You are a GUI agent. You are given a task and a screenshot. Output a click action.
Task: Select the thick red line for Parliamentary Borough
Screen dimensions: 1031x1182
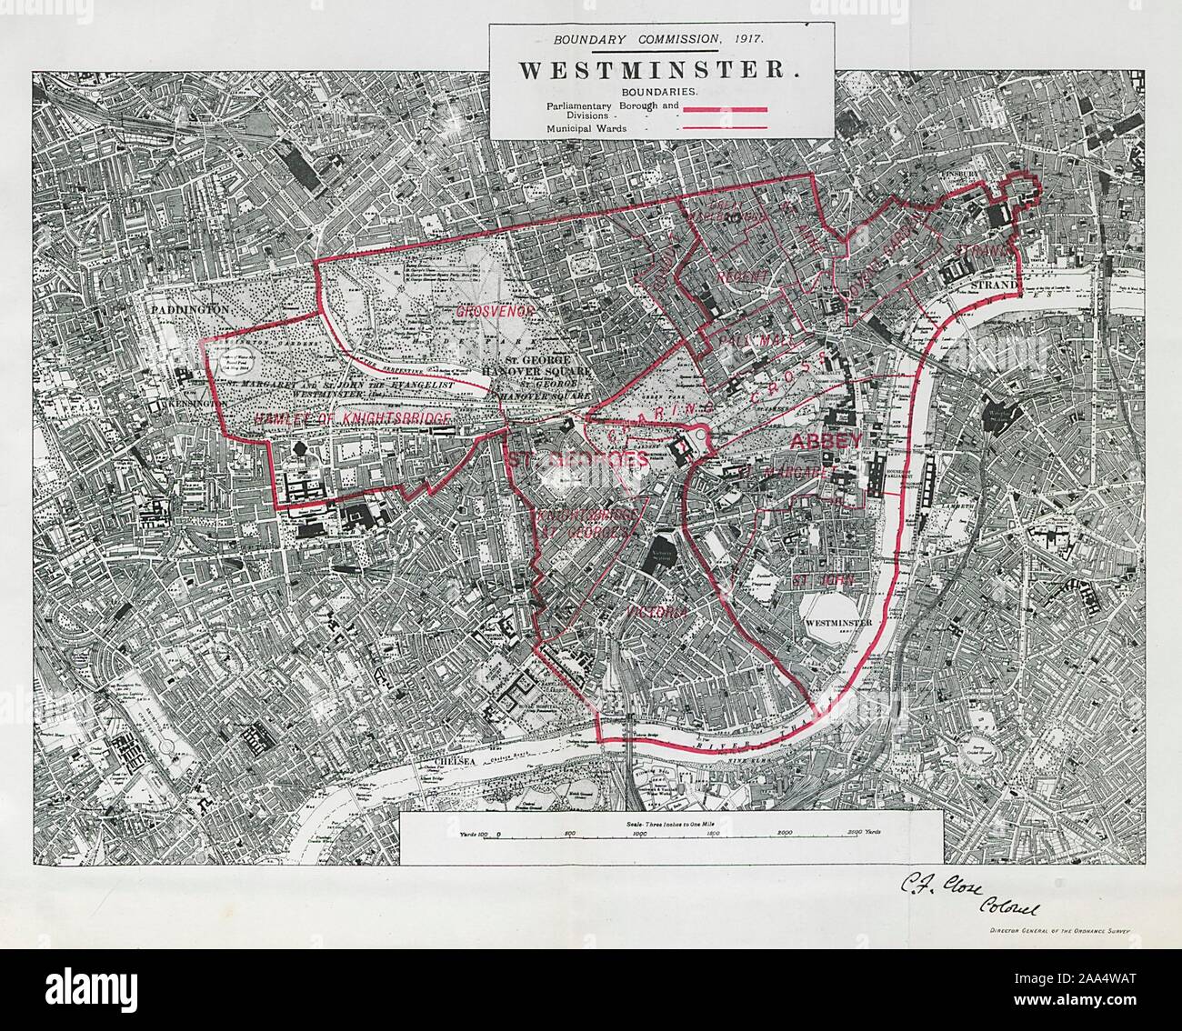pyautogui.click(x=726, y=110)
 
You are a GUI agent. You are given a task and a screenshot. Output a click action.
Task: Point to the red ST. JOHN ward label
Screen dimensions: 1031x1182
pyautogui.click(x=814, y=578)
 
